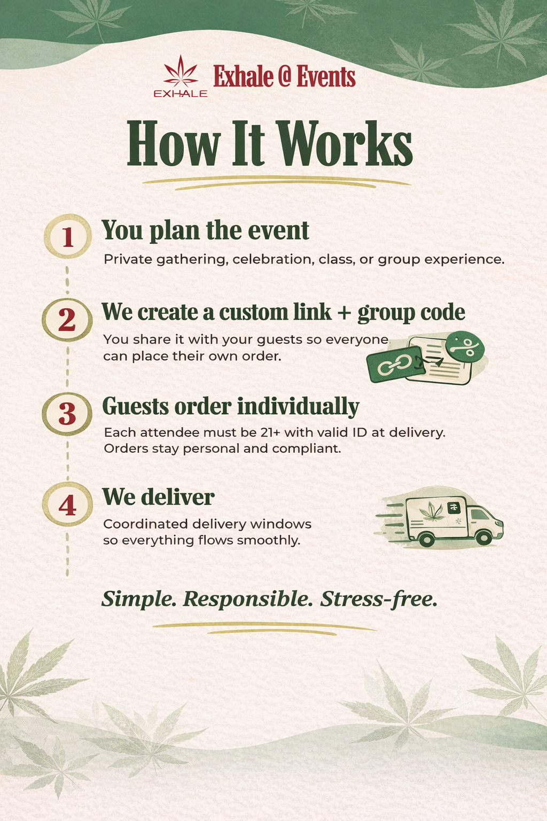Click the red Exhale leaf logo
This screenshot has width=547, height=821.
(180, 72)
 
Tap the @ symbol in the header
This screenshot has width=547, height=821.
(284, 77)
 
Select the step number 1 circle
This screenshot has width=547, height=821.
(67, 237)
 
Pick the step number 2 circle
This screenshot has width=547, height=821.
(67, 320)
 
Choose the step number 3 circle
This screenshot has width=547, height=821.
(67, 413)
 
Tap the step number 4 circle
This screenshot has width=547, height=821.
(67, 505)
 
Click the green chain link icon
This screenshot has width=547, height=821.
(394, 365)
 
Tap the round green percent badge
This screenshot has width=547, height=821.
(465, 347)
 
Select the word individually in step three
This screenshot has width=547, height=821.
(298, 407)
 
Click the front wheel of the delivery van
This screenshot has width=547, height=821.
(484, 537)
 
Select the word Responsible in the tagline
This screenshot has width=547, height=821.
(248, 599)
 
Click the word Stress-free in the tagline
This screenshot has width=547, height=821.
(379, 599)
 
